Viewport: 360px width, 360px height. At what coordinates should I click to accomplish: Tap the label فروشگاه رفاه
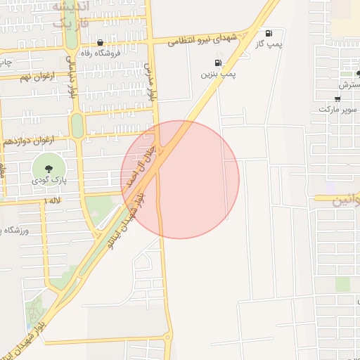point(105,53)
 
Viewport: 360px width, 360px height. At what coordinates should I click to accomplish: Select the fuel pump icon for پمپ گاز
point(269,33)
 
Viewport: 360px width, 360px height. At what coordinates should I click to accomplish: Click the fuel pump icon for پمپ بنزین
point(227,63)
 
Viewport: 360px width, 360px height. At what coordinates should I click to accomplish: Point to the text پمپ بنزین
point(219,73)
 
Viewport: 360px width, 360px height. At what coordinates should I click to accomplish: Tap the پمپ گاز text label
point(268,44)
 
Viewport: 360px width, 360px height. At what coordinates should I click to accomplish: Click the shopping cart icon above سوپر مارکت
point(338,98)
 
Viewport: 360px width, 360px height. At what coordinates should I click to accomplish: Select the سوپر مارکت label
point(338,109)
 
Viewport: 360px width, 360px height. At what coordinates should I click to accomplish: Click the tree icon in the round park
point(49,168)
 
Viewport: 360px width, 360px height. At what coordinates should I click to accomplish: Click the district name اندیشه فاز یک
point(70,14)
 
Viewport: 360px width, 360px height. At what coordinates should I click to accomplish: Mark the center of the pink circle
point(180,180)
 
